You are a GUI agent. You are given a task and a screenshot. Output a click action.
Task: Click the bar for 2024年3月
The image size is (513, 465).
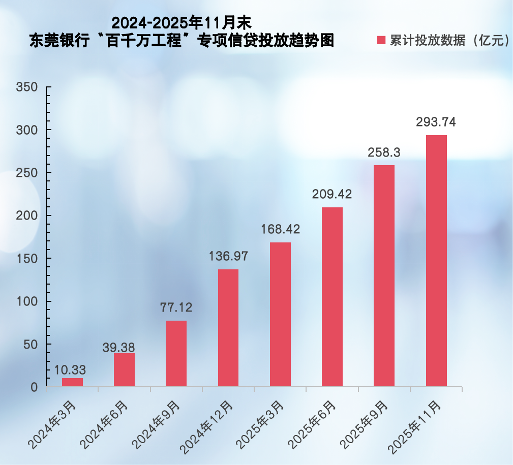pos(72,382)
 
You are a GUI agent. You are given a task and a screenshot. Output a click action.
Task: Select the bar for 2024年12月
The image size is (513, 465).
pos(228,328)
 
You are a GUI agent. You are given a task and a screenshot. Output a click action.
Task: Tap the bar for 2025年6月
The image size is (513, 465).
pos(332,297)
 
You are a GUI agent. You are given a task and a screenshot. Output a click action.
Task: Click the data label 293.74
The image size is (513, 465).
pos(436,122)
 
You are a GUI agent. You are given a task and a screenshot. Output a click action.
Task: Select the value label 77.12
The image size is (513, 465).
pos(176,307)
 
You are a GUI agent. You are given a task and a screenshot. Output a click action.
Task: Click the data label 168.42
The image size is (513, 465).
pos(280,229)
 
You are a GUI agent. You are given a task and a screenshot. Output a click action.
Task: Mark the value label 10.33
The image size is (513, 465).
pos(71,370)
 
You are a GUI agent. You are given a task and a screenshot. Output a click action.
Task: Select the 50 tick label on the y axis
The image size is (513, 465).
pos(31,345)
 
